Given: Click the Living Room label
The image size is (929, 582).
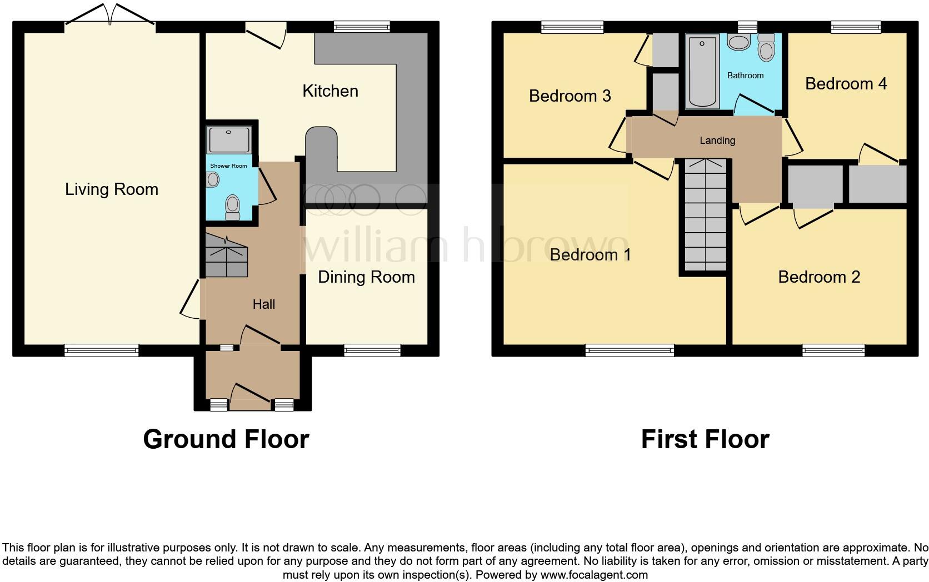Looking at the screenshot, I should [x=112, y=189].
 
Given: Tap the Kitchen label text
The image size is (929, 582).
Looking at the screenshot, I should [x=330, y=91].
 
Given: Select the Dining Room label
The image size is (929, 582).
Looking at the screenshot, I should [x=366, y=277].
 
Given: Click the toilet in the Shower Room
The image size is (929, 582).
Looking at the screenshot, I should [x=232, y=206].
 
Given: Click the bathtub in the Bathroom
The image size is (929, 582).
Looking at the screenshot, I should [x=703, y=71].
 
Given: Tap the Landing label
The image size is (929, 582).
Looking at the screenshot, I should [x=717, y=141].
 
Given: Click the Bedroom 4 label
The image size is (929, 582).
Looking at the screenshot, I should [x=846, y=84].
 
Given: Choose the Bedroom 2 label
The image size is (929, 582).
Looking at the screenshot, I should [x=819, y=277].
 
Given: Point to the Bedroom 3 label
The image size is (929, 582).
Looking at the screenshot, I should [x=570, y=96].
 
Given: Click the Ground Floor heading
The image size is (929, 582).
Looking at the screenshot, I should [x=226, y=439].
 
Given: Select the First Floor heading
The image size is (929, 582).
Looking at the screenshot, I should [x=705, y=439].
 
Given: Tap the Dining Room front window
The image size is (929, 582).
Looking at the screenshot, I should [x=372, y=350].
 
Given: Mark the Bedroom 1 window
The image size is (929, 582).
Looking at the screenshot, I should [x=629, y=350].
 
